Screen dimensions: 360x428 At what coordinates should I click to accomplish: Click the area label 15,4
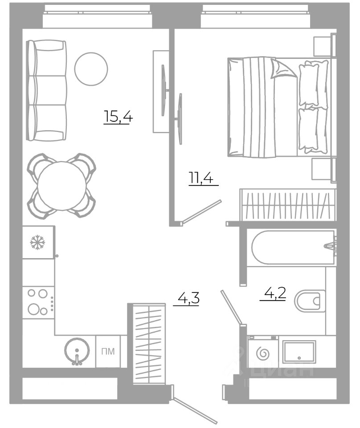pos(118,117)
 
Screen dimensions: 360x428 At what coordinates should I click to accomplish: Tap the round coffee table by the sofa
pos(91,69)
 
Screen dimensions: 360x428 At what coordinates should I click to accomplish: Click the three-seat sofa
pos(46,91)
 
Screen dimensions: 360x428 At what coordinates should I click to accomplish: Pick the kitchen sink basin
pos(77,351)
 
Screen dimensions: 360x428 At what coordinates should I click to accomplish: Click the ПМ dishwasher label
pos(108,351)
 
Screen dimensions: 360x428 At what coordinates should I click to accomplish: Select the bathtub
pos(293,247)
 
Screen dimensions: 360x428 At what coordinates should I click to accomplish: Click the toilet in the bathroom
pos(310,301)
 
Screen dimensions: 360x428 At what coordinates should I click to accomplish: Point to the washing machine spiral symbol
pos(263,354)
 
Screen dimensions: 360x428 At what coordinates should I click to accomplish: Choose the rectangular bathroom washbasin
pos(299,352)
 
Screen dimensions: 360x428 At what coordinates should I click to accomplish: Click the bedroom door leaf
pos(201,211)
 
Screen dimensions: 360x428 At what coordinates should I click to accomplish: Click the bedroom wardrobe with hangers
pos(288,205)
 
